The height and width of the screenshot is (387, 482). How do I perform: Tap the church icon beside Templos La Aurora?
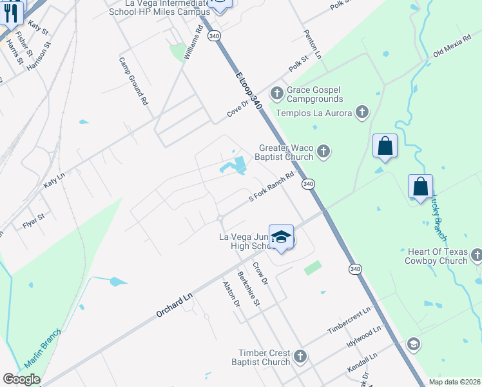coord(362,113)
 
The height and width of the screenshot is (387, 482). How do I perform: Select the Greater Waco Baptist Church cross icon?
coord(323,152)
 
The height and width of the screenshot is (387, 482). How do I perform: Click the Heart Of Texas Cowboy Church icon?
coord(476,255)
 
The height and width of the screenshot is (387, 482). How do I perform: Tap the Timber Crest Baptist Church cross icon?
coord(300,357)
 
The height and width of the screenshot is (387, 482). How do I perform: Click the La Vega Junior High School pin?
coord(282,237)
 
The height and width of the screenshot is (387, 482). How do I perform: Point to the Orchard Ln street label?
coord(174,302)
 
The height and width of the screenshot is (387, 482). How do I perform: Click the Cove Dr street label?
coord(237,109)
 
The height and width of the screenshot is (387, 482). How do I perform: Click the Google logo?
coord(22,379)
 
